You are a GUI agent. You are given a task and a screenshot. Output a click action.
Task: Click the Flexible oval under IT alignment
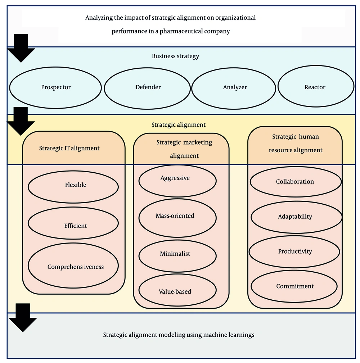click(x=73, y=185)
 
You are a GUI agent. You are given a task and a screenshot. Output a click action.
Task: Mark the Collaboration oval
click(x=295, y=182)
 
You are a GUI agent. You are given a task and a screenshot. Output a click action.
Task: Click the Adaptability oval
click(x=295, y=217)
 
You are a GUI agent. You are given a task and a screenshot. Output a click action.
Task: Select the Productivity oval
click(x=294, y=251)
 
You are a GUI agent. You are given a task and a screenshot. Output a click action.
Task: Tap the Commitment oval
click(x=294, y=286)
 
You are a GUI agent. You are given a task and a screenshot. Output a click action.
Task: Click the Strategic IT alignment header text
click(x=69, y=148)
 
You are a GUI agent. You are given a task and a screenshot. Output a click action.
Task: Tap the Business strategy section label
click(x=175, y=56)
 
